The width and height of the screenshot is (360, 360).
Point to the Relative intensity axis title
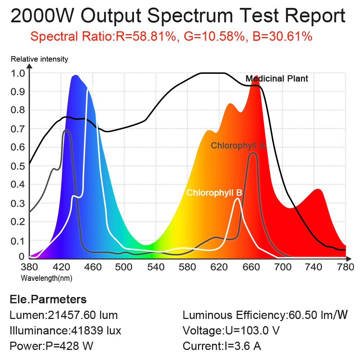[x=40, y=59]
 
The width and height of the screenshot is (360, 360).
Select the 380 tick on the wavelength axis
[x=29, y=267]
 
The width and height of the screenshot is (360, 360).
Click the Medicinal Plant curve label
[x=277, y=78]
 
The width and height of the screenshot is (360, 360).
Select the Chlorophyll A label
[x=238, y=145]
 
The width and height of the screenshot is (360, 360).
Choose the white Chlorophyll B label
[x=214, y=193]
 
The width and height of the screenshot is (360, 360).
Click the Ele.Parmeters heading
[x=48, y=299]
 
